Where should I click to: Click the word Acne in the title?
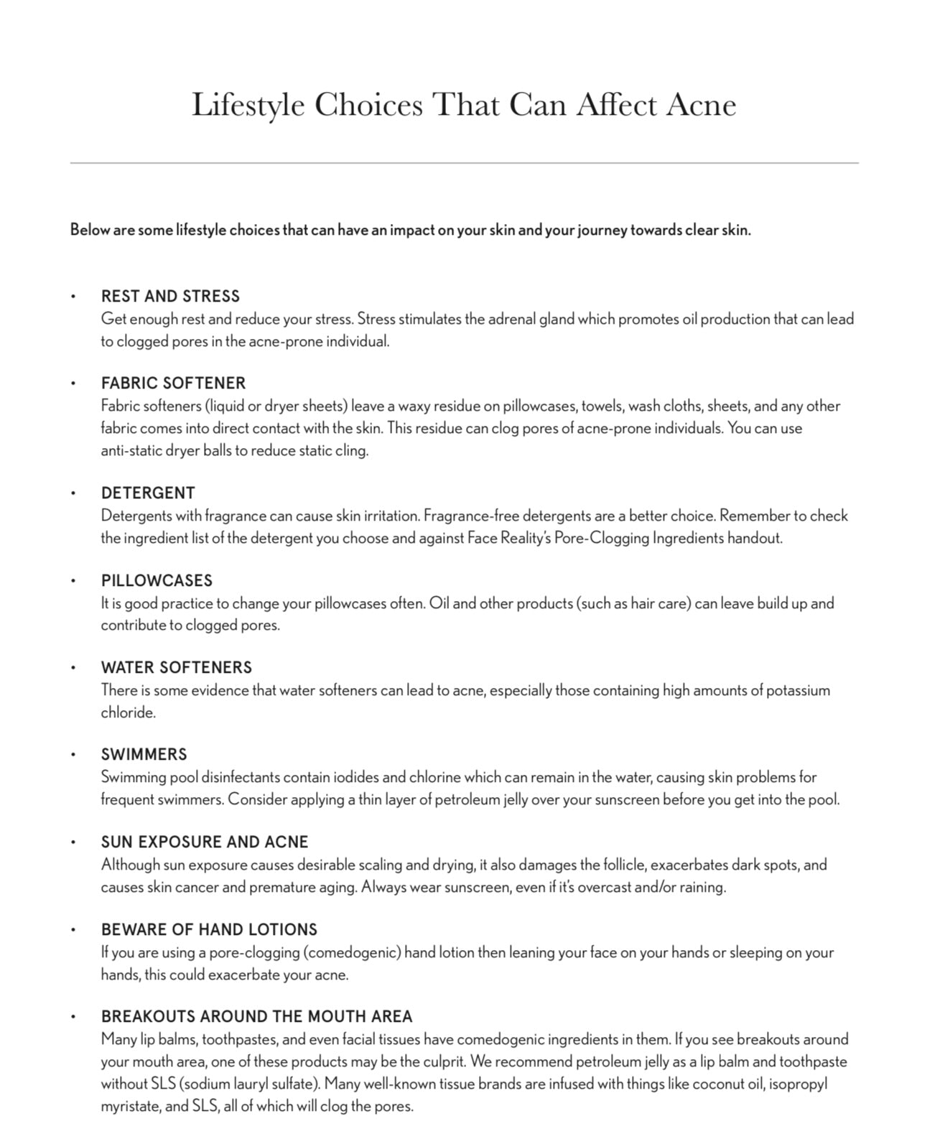click(x=700, y=105)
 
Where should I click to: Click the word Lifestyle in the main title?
click(x=248, y=105)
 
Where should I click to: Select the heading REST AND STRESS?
click(x=170, y=296)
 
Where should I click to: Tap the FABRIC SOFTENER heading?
click(x=173, y=383)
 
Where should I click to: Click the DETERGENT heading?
click(x=148, y=493)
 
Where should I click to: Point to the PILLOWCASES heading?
click(x=157, y=580)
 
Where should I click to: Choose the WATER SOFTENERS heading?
click(x=177, y=667)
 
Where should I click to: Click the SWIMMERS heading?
click(x=144, y=754)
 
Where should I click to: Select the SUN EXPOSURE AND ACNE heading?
click(x=205, y=842)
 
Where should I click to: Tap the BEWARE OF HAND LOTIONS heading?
click(x=209, y=929)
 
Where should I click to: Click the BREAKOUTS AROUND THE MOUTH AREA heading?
click(x=256, y=1016)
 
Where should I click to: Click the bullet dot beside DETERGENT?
click(x=73, y=493)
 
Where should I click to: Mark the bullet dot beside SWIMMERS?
click(x=73, y=755)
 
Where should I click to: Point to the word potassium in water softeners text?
click(x=797, y=690)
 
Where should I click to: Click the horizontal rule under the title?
click(x=464, y=163)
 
